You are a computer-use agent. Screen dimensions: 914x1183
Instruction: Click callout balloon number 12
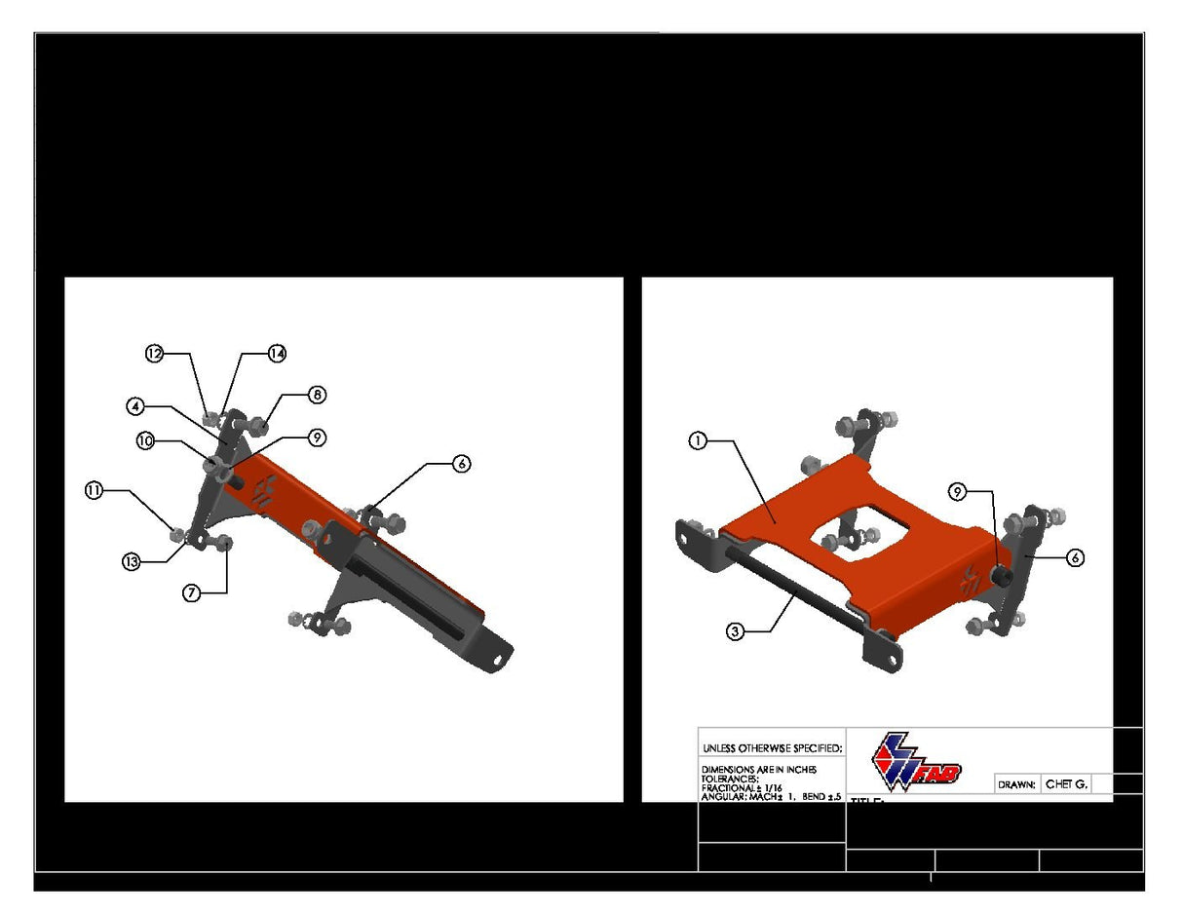point(154,354)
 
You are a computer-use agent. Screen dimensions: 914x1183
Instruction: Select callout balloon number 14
point(277,354)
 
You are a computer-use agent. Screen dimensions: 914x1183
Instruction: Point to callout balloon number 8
point(317,395)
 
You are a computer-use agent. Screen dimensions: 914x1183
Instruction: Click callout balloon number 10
point(145,441)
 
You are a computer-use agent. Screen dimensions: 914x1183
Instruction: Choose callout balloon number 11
point(94,491)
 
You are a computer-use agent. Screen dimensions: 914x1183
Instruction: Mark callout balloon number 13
point(132,561)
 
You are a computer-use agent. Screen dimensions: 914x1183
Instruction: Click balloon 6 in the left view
point(462,464)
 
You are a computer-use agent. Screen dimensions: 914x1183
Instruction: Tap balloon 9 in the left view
point(317,438)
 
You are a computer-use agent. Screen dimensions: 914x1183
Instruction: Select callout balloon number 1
point(697,441)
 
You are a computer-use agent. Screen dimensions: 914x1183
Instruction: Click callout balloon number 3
point(736,631)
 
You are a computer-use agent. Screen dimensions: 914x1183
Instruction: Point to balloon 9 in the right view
point(958,492)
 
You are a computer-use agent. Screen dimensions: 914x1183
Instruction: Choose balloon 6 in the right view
point(1075,557)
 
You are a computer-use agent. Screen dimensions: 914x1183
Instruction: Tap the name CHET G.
point(1065,783)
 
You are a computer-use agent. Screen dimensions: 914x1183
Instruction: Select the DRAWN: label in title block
point(1016,784)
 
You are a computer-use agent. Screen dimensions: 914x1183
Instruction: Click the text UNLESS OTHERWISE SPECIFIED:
point(771,748)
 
